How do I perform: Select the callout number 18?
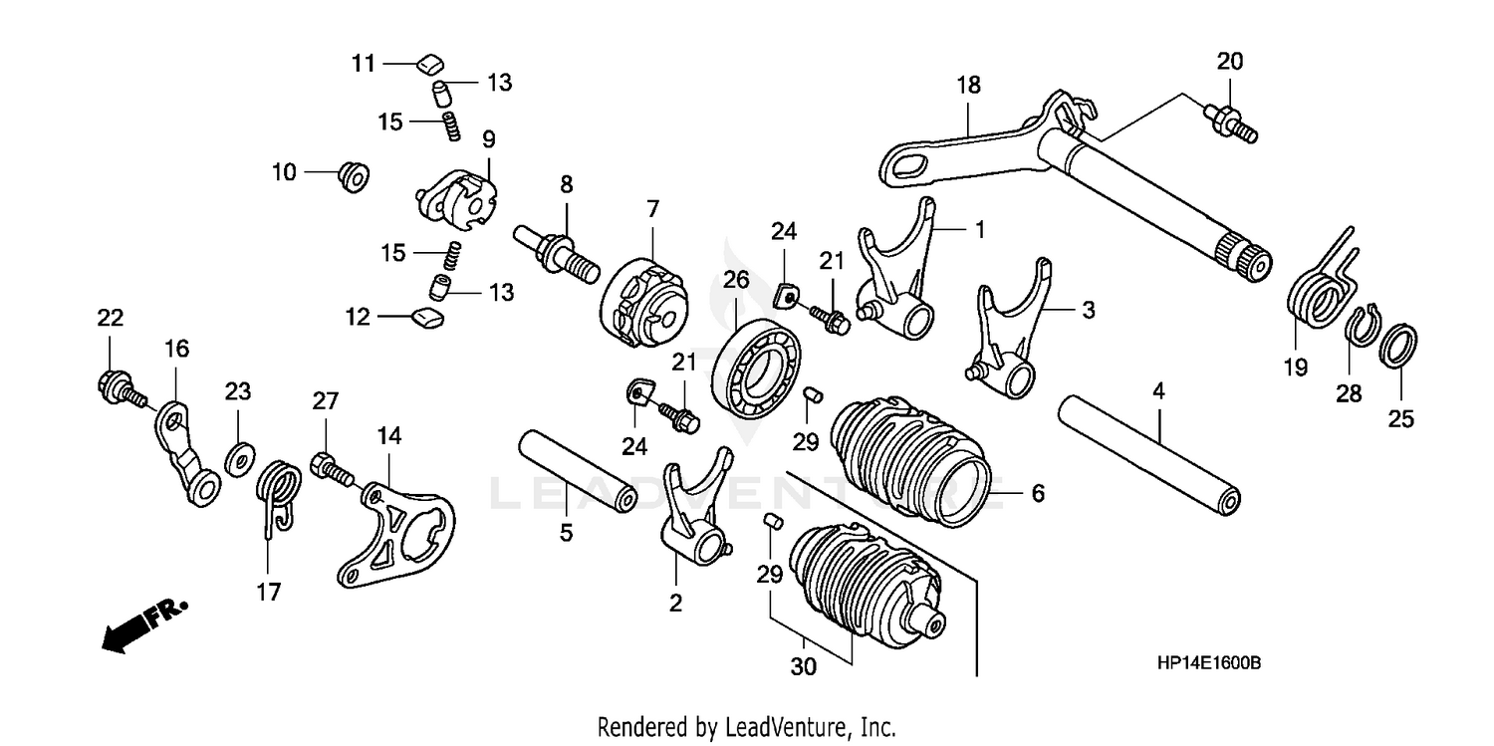click(968, 86)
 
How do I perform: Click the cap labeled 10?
click(354, 177)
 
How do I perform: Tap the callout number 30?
click(803, 667)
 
